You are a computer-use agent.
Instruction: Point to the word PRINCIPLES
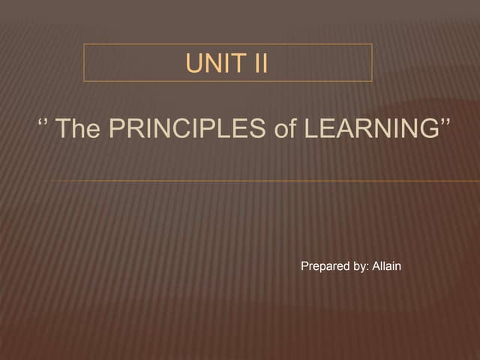click(187, 128)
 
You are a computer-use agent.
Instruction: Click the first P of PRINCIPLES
click(116, 128)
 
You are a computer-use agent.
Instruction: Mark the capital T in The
click(64, 128)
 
